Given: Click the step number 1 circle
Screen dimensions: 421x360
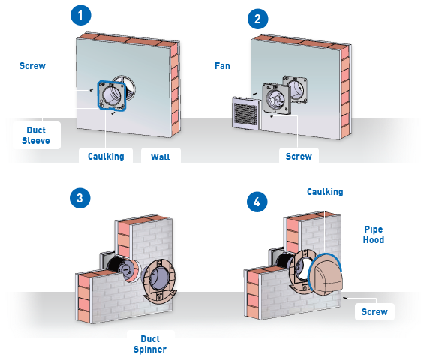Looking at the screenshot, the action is click(81, 15).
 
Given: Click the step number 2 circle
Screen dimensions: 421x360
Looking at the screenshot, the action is click(257, 19).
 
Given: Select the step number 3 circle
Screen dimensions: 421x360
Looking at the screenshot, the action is click(80, 198).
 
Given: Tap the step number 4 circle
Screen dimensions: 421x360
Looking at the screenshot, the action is click(257, 202).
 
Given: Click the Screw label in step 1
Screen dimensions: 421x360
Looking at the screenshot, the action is click(32, 66).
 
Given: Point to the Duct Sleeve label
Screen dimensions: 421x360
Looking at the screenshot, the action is click(36, 136).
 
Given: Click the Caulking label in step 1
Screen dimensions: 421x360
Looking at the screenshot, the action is click(106, 157).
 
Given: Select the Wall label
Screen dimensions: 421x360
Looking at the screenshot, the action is click(161, 157).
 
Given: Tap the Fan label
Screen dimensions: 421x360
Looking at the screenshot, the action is click(222, 66).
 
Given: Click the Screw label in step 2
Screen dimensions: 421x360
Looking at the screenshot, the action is click(299, 157).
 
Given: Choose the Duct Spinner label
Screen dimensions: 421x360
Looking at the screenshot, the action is click(150, 344).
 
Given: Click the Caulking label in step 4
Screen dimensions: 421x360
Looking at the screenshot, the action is click(325, 192).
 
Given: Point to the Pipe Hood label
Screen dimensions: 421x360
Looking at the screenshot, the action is click(374, 235).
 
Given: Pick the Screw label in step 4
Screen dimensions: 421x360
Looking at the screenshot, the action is click(374, 312).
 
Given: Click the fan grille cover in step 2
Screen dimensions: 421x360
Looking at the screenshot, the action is click(246, 113).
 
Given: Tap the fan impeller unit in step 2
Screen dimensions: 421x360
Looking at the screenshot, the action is click(277, 98).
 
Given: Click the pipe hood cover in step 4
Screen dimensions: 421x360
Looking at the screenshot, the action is click(326, 274).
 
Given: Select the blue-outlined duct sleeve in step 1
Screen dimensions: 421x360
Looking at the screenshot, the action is click(111, 95).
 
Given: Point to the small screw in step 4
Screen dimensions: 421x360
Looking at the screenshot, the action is click(346, 298).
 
